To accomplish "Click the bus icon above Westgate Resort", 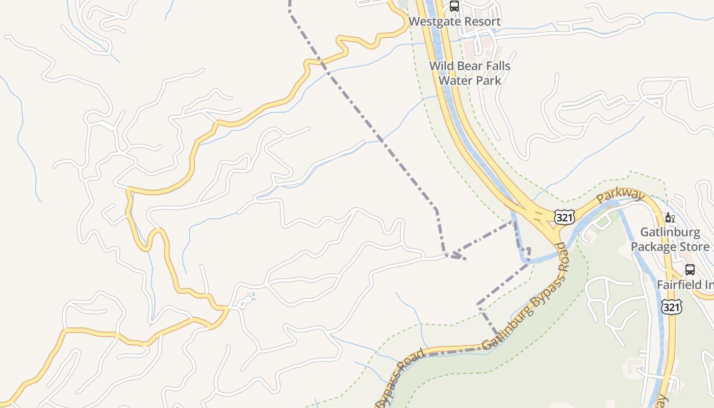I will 454,6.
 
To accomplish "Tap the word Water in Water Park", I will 455,80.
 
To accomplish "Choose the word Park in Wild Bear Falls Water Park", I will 488,80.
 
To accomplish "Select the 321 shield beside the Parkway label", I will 565,218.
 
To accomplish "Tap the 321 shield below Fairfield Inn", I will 671,307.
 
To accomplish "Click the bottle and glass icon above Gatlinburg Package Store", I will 670,218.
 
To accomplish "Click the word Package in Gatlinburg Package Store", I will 654,247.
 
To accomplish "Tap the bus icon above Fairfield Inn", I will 690,269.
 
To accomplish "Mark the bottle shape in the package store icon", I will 668,218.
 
